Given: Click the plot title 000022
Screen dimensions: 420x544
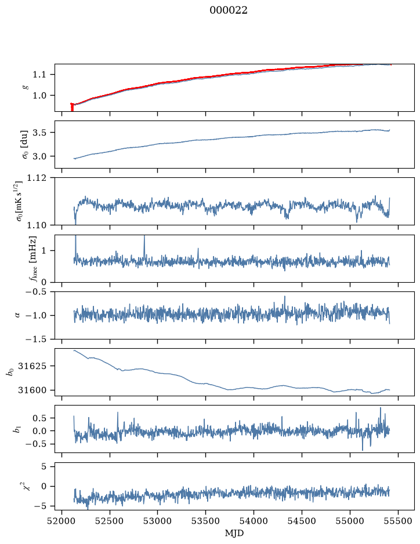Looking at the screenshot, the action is pyautogui.click(x=228, y=10).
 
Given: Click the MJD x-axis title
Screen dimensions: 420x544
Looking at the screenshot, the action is pyautogui.click(x=234, y=533).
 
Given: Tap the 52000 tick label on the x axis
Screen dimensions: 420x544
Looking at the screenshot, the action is pyautogui.click(x=62, y=521).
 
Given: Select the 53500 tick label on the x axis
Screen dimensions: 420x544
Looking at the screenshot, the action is pyautogui.click(x=206, y=521).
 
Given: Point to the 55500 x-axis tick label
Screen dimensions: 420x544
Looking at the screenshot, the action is pyautogui.click(x=398, y=521).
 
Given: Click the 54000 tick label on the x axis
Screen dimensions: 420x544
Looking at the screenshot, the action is pyautogui.click(x=254, y=521).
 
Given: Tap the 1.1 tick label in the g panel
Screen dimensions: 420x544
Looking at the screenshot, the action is pyautogui.click(x=39, y=75).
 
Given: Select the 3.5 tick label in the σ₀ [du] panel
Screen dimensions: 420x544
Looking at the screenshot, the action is pyautogui.click(x=39, y=133).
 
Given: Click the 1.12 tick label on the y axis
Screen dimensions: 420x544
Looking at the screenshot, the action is pyautogui.click(x=36, y=178).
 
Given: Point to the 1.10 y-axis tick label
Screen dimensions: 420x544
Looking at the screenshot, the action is pyautogui.click(x=36, y=225).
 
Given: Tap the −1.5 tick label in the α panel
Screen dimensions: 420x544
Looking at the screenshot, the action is pyautogui.click(x=36, y=339).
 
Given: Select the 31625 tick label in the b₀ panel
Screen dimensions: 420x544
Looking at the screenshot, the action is pyautogui.click(x=32, y=366).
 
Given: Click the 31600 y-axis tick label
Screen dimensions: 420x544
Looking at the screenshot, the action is pyautogui.click(x=32, y=390).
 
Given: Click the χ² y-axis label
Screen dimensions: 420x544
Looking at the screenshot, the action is pyautogui.click(x=25, y=487).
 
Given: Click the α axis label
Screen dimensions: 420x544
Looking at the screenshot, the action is pyautogui.click(x=17, y=315).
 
